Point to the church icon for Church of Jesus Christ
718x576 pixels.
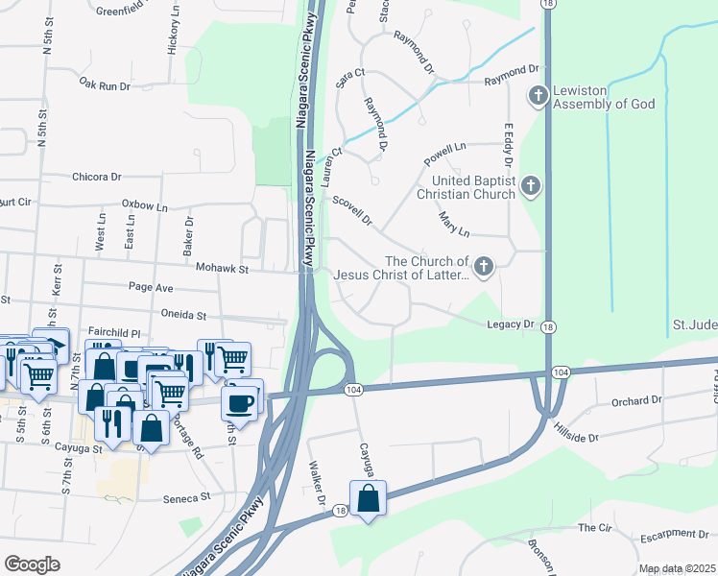tap(485, 267)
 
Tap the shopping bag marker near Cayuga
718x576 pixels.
tap(368, 498)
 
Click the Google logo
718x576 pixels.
tap(32, 564)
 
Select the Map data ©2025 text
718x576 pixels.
tap(676, 568)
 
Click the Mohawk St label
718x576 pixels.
tap(222, 270)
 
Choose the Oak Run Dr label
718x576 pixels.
tap(105, 85)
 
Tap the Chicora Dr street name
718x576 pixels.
tap(97, 177)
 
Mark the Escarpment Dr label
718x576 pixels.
tap(677, 534)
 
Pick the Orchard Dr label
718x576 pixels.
tap(636, 399)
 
